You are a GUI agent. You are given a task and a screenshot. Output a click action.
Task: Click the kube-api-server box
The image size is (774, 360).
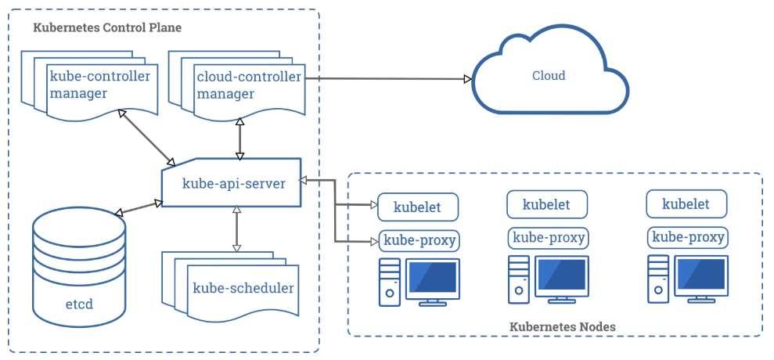232,182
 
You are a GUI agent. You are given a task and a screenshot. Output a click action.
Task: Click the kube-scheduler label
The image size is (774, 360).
243,288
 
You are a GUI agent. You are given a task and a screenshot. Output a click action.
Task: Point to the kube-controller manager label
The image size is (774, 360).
99,85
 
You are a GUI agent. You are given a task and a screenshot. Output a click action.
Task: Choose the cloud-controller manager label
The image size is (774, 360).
249,85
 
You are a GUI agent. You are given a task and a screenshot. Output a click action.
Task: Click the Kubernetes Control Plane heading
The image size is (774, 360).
107,27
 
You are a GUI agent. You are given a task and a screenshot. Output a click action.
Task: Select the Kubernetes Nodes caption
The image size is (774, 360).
562,327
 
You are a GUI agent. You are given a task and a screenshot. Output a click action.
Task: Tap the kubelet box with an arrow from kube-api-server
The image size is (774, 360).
418,207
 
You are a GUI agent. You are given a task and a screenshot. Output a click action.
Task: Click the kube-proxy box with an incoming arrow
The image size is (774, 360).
419,241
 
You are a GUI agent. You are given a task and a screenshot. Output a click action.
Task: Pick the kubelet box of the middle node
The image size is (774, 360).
547,204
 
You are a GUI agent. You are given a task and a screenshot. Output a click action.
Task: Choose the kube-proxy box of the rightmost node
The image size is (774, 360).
687,238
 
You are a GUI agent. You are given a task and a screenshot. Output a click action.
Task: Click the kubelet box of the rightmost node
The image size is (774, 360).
686,204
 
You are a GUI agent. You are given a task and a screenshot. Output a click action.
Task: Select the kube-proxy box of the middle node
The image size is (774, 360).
549,238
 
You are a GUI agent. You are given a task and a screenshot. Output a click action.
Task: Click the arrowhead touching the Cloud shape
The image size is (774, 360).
469,78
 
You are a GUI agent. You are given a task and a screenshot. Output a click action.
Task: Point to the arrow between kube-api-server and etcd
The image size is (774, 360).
139,207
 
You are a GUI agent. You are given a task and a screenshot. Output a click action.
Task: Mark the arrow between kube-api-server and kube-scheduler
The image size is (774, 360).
236,229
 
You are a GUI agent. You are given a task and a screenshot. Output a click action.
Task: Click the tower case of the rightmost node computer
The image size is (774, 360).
658,279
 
